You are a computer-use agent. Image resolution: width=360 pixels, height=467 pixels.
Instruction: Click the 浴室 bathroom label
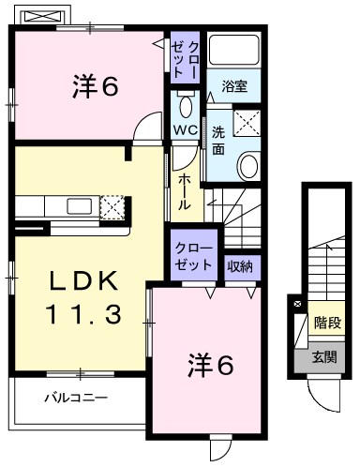tap(233, 86)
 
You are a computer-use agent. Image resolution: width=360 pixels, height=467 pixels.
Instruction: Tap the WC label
tap(183, 130)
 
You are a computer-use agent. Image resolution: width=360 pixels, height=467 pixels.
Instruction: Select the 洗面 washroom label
tap(217, 140)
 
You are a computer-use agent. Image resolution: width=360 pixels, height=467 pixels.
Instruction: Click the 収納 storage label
tap(240, 265)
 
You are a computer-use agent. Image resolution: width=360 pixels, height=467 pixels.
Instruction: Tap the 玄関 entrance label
tap(323, 356)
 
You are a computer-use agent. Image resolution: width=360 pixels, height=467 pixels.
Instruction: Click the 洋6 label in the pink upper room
tap(95, 86)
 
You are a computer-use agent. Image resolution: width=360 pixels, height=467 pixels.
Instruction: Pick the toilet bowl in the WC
tap(184, 100)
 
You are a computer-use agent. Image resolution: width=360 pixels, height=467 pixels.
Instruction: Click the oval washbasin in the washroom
tap(248, 167)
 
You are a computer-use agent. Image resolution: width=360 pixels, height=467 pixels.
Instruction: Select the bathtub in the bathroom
tap(233, 53)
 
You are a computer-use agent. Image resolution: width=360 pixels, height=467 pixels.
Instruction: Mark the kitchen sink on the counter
tap(79, 206)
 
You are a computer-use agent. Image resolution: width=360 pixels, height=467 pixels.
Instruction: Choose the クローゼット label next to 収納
tap(194, 256)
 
